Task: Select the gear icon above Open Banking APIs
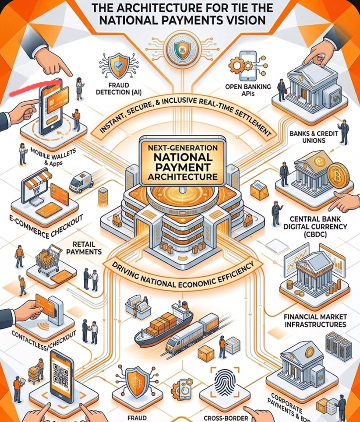[240, 66]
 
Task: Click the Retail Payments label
[84, 248]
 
